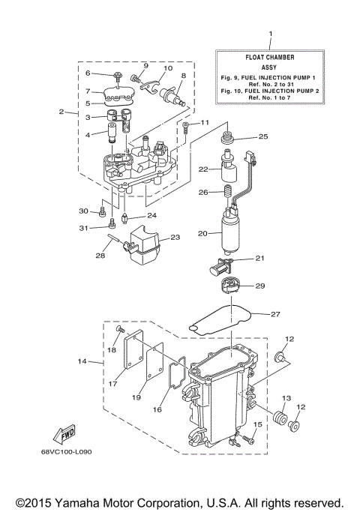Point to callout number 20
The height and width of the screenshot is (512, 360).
point(202,234)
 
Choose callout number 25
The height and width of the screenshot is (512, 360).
point(263,136)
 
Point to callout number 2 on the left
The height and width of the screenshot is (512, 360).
point(61,112)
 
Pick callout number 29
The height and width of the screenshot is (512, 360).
point(261,286)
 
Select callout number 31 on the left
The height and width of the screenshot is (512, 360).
point(85,227)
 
